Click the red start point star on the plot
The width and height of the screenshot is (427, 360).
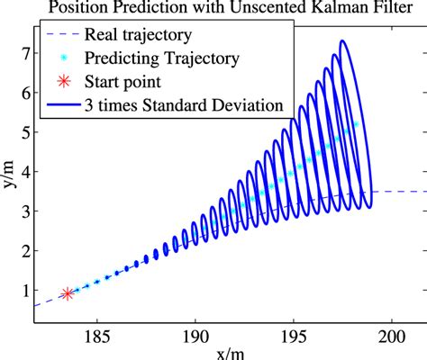pyautogui.click(x=68, y=293)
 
